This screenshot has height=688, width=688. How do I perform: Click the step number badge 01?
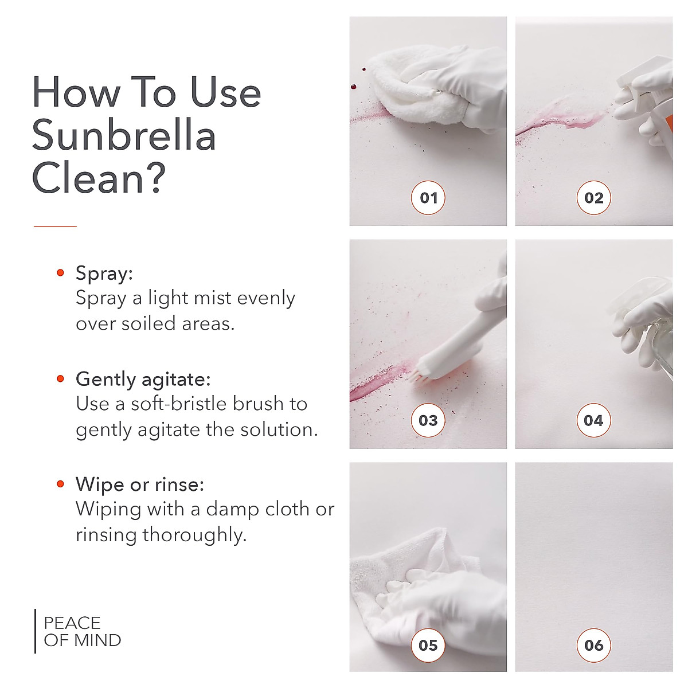[x=428, y=198]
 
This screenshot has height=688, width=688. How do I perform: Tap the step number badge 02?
[x=593, y=198]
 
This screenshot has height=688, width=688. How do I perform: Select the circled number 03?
[x=428, y=420]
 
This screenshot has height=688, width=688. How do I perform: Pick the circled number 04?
[x=593, y=420]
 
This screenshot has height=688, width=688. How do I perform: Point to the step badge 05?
[x=428, y=645]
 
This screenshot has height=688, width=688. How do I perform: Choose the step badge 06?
[x=593, y=645]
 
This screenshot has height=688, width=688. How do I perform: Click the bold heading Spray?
[x=104, y=273]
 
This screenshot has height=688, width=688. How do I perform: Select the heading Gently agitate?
[x=143, y=379]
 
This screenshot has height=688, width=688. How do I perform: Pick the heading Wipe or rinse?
[x=140, y=484]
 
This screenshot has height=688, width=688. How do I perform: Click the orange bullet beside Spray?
[x=60, y=273]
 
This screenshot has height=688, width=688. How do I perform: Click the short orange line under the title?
[x=55, y=226]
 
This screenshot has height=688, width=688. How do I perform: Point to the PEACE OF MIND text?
[x=82, y=631]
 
